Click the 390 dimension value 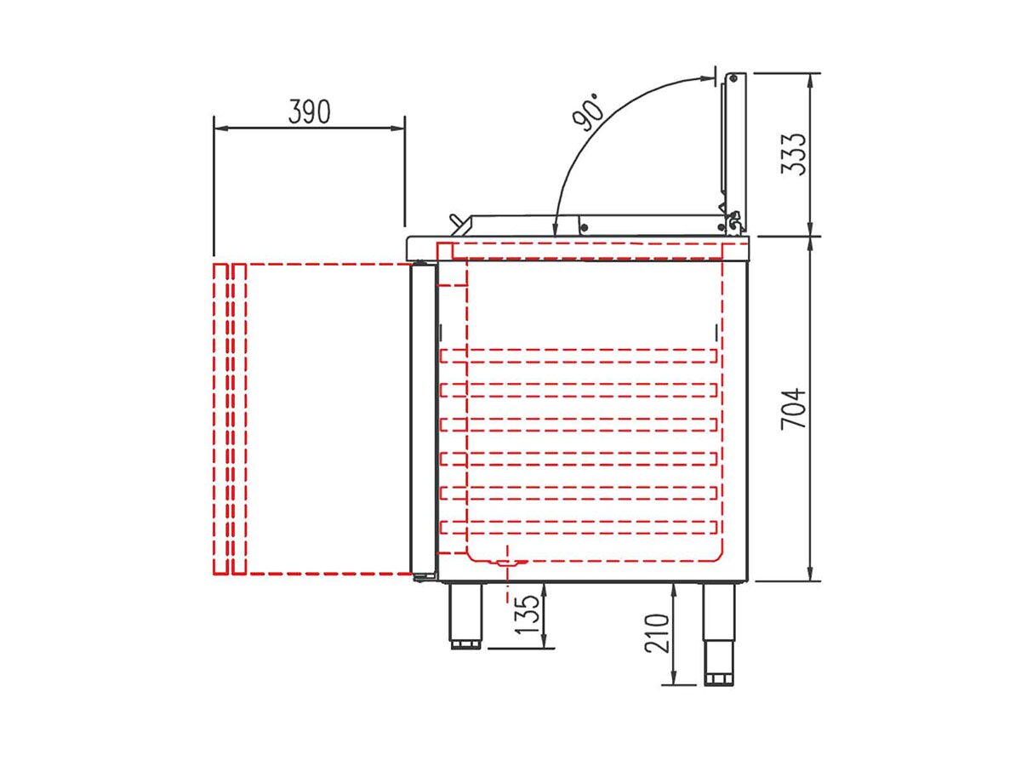point(309,111)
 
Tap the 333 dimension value point(793,155)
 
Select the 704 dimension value point(793,409)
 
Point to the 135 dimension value point(527,615)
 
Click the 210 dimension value point(656,633)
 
